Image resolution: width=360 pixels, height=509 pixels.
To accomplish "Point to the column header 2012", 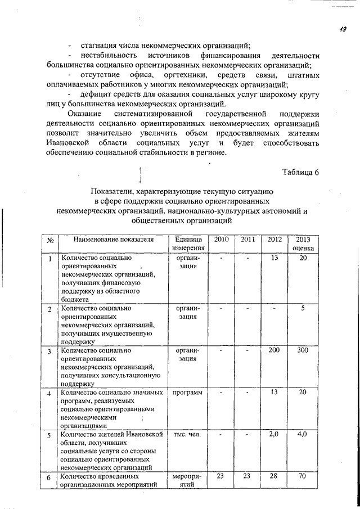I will pyautogui.click(x=274, y=240).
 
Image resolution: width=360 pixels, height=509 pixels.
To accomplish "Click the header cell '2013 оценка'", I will pyautogui.click(x=303, y=244).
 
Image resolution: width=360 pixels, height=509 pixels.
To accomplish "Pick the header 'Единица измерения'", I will pyautogui.click(x=188, y=244).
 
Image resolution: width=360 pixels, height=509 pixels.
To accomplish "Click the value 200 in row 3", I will pyautogui.click(x=274, y=350).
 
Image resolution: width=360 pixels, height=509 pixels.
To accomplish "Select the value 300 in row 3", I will pyautogui.click(x=303, y=350).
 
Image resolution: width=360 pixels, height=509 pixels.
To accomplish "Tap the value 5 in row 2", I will pyautogui.click(x=303, y=308).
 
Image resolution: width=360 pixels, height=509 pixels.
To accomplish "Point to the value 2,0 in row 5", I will pyautogui.click(x=274, y=434).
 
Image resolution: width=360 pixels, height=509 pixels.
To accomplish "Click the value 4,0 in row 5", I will pyautogui.click(x=303, y=434).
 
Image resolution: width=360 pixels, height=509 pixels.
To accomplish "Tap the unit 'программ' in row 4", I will pyautogui.click(x=188, y=392).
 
